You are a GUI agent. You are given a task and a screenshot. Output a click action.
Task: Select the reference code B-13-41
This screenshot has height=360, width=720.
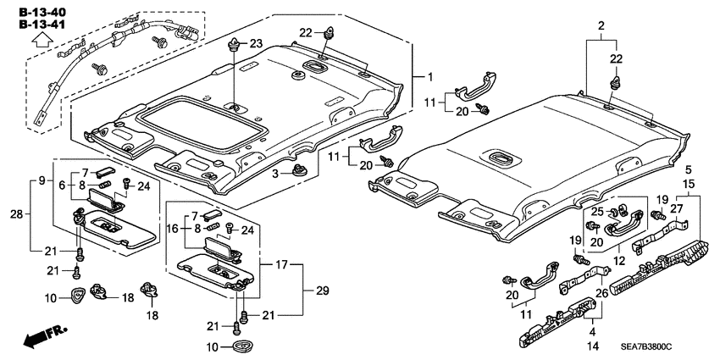pyautogui.click(x=39, y=25)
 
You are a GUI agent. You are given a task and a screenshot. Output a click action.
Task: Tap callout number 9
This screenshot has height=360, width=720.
pyautogui.click(x=40, y=180)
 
